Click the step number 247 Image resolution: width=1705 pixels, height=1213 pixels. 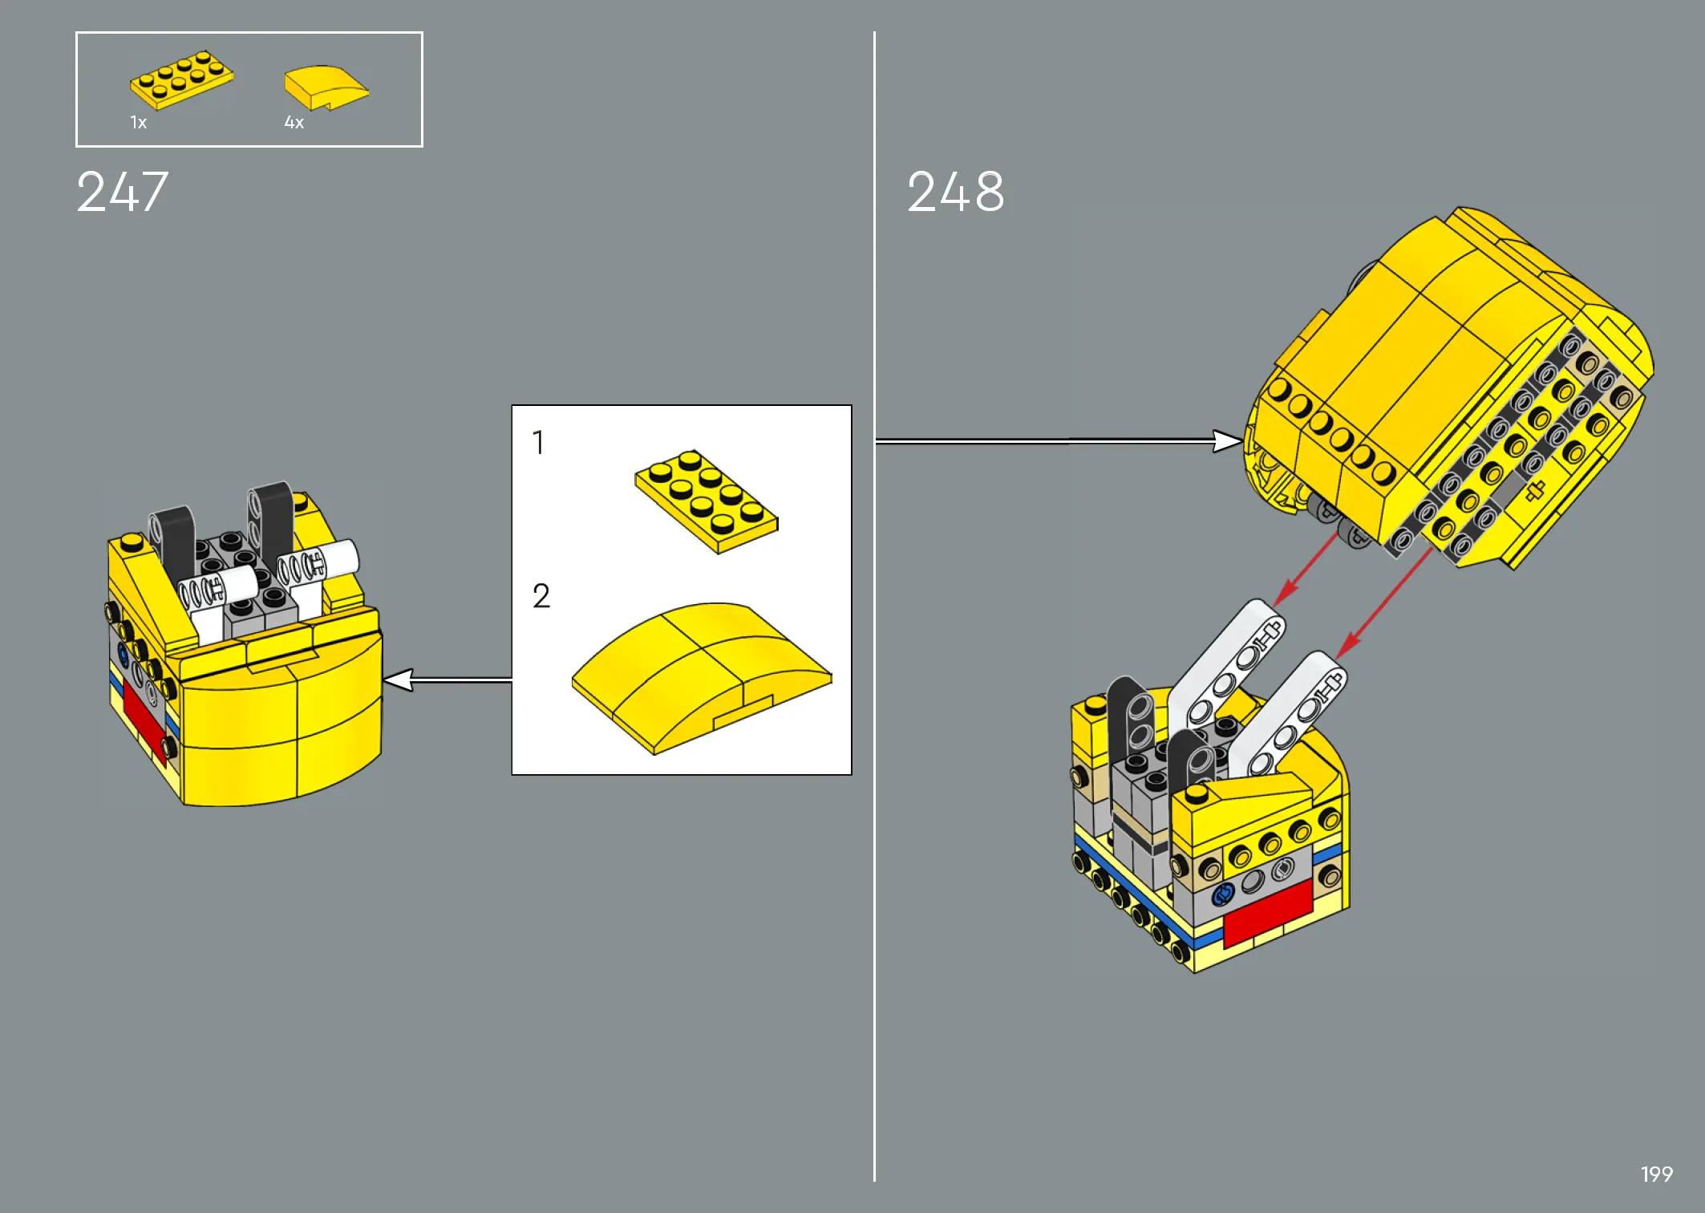(122, 193)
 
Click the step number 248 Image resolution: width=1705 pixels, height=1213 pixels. (955, 193)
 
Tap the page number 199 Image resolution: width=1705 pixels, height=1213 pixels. (1657, 1174)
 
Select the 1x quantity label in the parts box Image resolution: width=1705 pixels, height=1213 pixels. (139, 123)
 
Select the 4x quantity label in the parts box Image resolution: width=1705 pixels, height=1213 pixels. (294, 123)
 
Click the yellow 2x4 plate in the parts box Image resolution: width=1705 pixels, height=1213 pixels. (182, 79)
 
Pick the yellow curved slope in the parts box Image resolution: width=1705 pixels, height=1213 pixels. (326, 87)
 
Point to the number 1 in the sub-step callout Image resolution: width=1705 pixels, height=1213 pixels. (538, 442)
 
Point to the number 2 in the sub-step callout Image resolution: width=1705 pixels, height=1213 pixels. (541, 596)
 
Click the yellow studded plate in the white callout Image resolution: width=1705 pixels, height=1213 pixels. (707, 501)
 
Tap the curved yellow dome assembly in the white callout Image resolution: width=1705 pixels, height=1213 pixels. (702, 678)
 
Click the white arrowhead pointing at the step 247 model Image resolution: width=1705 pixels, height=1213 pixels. (398, 680)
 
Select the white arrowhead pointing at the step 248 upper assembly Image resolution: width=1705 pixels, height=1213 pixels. (1228, 440)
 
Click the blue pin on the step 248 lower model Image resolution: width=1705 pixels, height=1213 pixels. (1223, 895)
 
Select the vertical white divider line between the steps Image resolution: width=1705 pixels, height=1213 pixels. (874, 606)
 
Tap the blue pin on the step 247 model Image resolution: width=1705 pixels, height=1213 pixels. (123, 654)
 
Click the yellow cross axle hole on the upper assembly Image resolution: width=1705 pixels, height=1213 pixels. (1534, 491)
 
